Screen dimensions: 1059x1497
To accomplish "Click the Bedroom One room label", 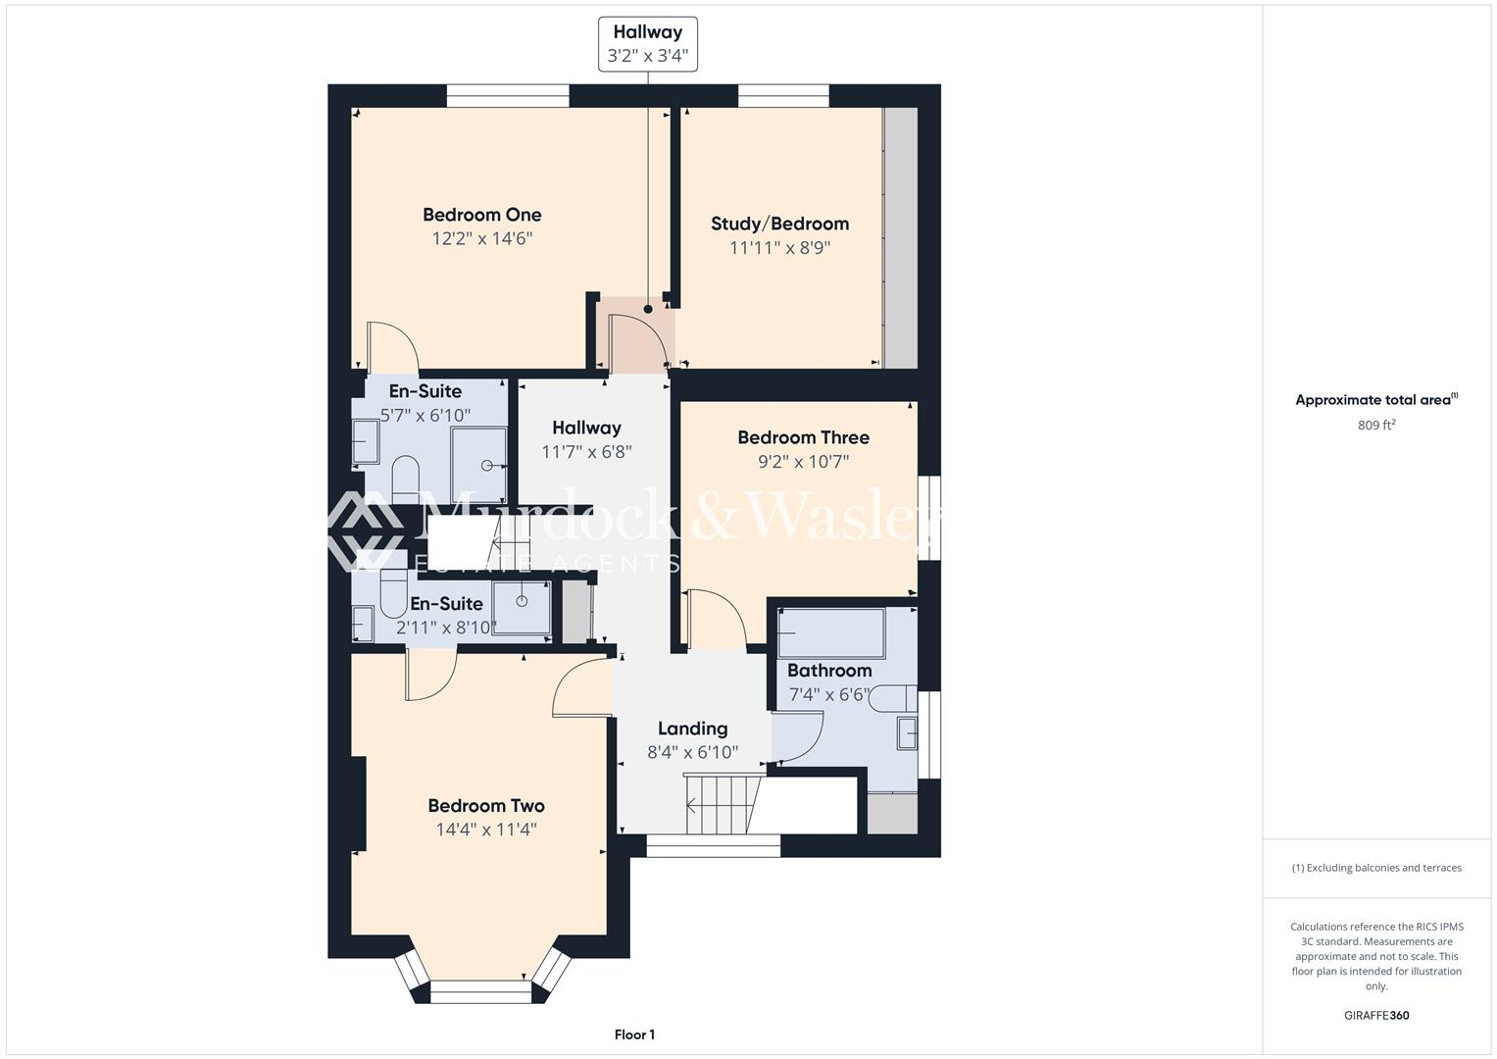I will (481, 215).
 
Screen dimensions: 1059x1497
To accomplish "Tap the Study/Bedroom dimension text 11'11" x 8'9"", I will (779, 248).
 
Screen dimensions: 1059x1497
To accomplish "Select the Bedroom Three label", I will (803, 437).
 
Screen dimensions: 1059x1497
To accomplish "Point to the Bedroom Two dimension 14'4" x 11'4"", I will (486, 830).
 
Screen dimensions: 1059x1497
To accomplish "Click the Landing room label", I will (692, 729).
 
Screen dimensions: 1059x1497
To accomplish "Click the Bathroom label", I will (829, 671).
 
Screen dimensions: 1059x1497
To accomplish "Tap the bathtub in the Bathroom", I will (831, 633).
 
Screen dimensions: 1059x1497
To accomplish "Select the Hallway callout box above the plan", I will (648, 44).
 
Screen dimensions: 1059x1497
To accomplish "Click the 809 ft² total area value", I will (1376, 426).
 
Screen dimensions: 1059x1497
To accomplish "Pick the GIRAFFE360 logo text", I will (1376, 1015).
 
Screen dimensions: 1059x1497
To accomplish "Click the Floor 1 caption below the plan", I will (634, 1034).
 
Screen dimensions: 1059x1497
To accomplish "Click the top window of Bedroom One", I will (507, 95).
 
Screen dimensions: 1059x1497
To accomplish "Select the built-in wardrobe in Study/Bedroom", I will (900, 237).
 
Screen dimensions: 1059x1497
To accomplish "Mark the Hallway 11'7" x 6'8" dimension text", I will (586, 452).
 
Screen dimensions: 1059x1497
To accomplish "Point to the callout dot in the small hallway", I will (648, 310).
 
